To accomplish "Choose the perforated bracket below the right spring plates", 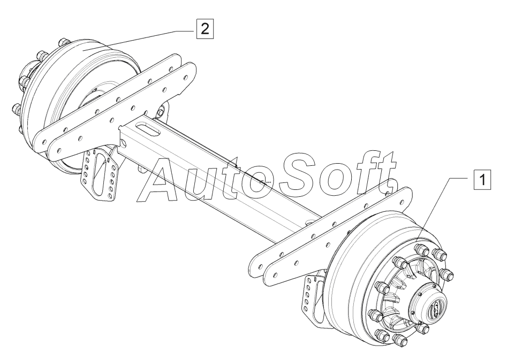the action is [x=309, y=297].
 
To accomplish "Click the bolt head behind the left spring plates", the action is [x=160, y=113].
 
